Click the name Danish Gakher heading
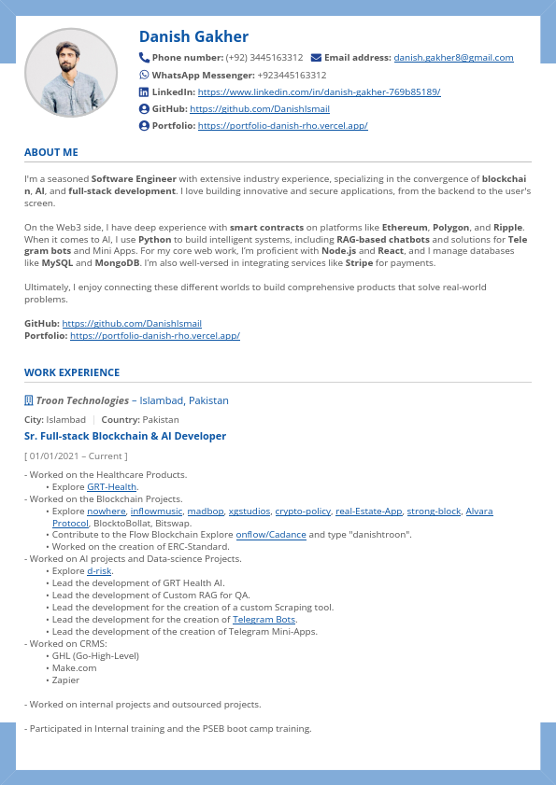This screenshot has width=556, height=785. tap(193, 36)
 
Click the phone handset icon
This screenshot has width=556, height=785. tap(144, 57)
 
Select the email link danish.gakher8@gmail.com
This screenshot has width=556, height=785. tap(453, 58)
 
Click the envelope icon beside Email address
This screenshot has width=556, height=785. tap(316, 58)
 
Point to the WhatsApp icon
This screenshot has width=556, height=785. tap(144, 75)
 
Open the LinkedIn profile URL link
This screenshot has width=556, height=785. tap(319, 92)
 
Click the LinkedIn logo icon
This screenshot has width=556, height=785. tap(144, 91)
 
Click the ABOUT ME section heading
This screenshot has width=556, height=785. tap(51, 152)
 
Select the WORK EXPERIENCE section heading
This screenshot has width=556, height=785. tap(72, 372)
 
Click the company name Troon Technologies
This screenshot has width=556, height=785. tap(82, 400)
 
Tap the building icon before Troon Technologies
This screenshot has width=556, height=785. tap(29, 400)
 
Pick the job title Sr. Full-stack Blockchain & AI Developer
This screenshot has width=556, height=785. tap(125, 436)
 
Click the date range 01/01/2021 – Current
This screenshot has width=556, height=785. tap(76, 456)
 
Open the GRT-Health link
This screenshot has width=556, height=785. tap(112, 487)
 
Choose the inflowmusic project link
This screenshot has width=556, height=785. tap(156, 512)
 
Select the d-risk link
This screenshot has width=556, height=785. tap(99, 570)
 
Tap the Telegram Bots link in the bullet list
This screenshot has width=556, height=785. tap(264, 619)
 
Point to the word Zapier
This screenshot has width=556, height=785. tap(66, 680)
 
